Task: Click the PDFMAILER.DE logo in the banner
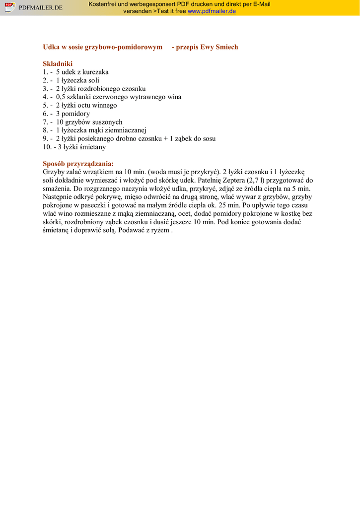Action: [33, 7]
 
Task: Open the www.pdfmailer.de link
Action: [212, 11]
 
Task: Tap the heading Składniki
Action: [58, 63]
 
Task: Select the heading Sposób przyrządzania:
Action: [78, 164]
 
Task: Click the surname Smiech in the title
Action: [227, 47]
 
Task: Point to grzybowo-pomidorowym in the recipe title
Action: [124, 47]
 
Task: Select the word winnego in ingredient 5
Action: [105, 105]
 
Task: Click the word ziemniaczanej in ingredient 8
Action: [122, 130]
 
